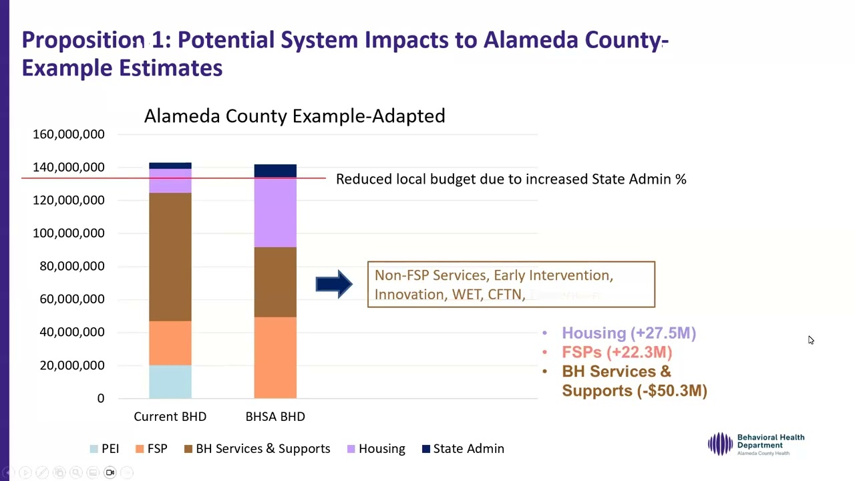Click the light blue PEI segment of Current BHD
170,381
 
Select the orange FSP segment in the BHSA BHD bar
275,357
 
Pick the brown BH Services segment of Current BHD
170,257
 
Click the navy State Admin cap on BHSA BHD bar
275,170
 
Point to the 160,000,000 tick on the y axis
69,134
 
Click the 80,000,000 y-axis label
69,266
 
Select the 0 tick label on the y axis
100,398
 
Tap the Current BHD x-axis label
170,416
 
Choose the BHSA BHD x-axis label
275,416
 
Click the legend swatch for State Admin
426,449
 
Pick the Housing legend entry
381,449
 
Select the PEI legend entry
110,449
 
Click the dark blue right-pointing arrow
334,285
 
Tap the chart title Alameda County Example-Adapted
295,116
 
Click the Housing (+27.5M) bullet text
629,333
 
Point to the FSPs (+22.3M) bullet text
617,352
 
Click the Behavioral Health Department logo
756,444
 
